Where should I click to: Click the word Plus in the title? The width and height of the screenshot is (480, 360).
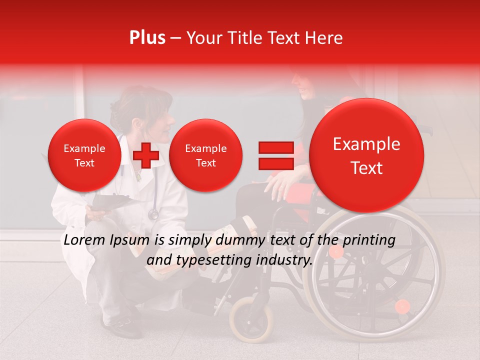(147, 38)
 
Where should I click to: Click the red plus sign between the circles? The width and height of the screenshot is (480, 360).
(146, 155)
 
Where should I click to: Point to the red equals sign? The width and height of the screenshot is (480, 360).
(275, 155)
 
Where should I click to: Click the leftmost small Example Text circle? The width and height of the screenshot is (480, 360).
(84, 155)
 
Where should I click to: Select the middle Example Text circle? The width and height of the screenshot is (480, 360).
(205, 155)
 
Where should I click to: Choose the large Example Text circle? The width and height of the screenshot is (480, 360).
(366, 155)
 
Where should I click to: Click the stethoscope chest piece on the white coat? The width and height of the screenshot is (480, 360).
(153, 214)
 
